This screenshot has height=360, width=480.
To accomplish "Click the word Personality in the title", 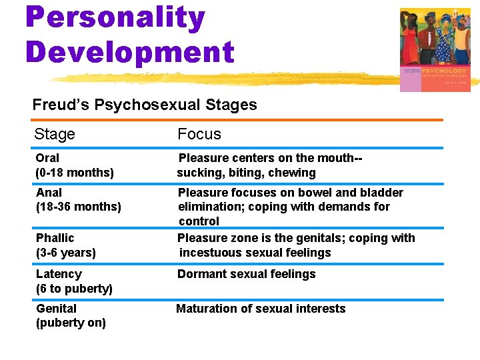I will [115, 18].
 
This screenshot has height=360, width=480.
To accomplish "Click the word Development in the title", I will [130, 52].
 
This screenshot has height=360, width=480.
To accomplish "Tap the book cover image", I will [435, 50].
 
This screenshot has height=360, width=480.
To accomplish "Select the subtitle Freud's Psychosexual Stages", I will [145, 105].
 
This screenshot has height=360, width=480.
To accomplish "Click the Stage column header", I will [55, 134].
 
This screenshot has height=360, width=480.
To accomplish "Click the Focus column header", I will [199, 134].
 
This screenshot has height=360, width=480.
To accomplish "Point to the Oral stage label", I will [47, 158].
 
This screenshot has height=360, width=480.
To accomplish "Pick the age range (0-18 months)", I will [75, 173].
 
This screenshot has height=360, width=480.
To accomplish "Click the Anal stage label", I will [49, 193].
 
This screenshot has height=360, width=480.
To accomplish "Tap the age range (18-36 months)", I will [79, 207].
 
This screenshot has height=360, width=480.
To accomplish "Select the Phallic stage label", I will [55, 238].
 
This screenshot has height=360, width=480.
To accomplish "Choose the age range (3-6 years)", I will [66, 253].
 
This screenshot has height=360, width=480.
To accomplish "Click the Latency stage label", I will [59, 274].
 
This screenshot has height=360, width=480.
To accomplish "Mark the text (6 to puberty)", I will [74, 289].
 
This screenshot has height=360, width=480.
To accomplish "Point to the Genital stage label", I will [56, 309].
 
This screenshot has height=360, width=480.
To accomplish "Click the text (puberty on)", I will [71, 323].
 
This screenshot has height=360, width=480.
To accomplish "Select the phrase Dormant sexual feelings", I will [246, 274].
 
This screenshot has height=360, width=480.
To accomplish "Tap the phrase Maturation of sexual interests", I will [261, 309].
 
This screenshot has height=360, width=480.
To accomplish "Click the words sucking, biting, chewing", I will [247, 173].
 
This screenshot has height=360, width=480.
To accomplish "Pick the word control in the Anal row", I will [199, 221].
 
